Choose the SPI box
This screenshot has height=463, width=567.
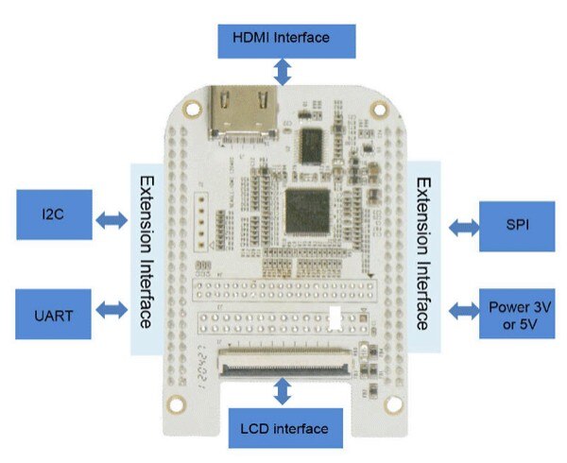(516, 226)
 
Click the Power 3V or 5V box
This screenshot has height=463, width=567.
(517, 313)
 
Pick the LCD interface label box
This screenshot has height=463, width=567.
(283, 428)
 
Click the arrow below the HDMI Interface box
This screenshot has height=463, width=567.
(281, 71)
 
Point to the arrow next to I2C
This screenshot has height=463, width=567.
(112, 220)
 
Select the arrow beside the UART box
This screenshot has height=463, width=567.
(112, 309)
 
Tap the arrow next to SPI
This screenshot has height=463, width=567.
(463, 227)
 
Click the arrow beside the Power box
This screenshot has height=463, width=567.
(463, 309)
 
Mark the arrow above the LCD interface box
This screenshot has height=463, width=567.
(282, 389)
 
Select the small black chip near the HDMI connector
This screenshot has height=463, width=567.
(312, 146)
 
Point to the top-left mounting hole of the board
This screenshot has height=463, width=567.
(193, 110)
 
